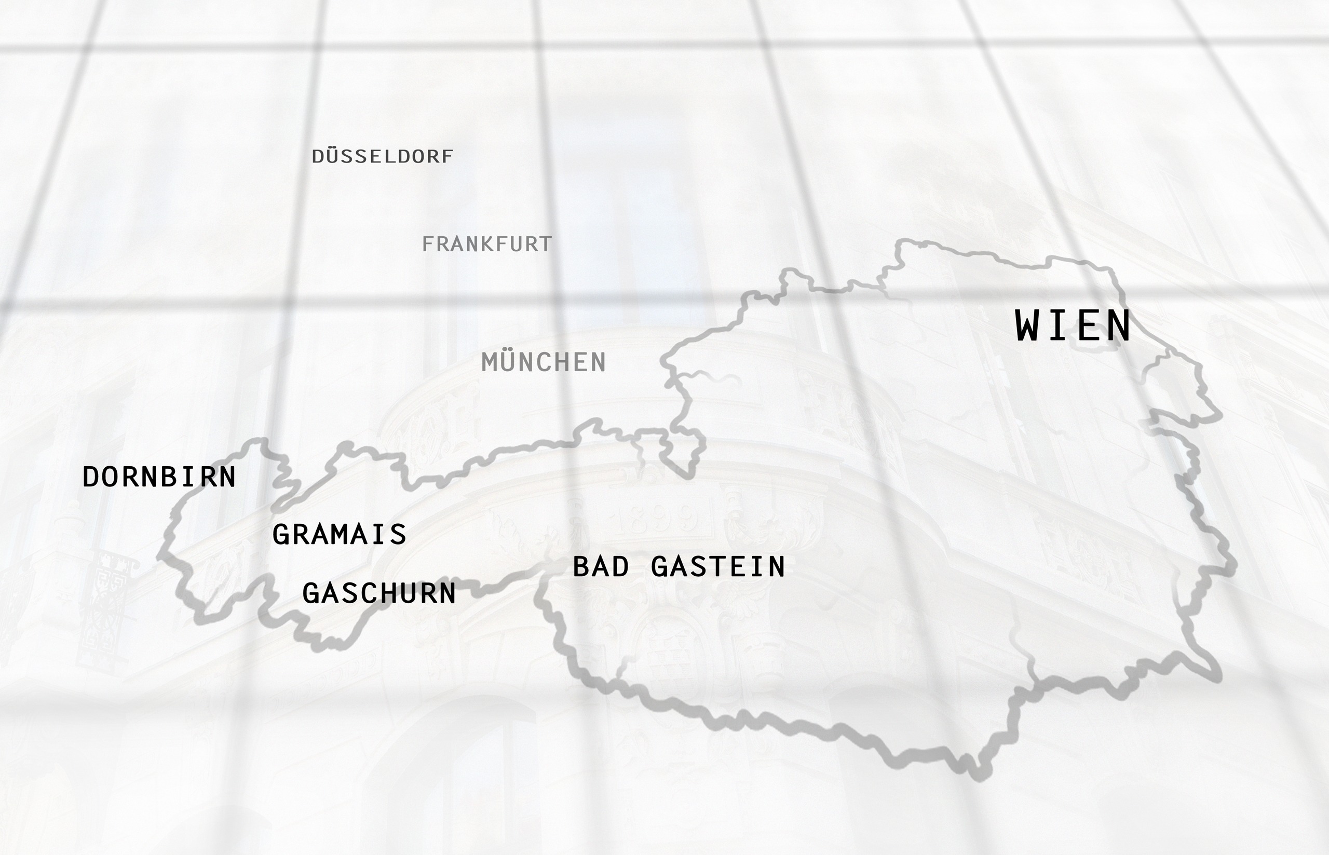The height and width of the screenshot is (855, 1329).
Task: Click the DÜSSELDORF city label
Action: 383,157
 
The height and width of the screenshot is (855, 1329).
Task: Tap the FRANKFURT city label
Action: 487,245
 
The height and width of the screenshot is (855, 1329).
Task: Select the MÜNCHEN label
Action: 544,362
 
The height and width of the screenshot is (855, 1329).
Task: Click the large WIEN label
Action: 1073,326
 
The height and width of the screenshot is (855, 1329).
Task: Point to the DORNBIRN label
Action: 159,477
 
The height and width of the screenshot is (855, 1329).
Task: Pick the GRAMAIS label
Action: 339,535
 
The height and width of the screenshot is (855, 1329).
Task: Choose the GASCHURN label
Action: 379,593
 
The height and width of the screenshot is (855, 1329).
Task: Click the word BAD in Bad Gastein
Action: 601,567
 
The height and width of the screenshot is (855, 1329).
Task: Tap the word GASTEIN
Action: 718,567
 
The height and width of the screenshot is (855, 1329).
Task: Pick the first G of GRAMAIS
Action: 281,535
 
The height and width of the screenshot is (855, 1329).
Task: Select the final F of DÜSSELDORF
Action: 447,157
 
